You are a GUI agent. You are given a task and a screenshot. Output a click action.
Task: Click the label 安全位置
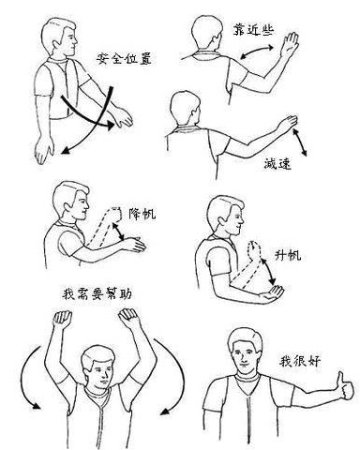[124, 60]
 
